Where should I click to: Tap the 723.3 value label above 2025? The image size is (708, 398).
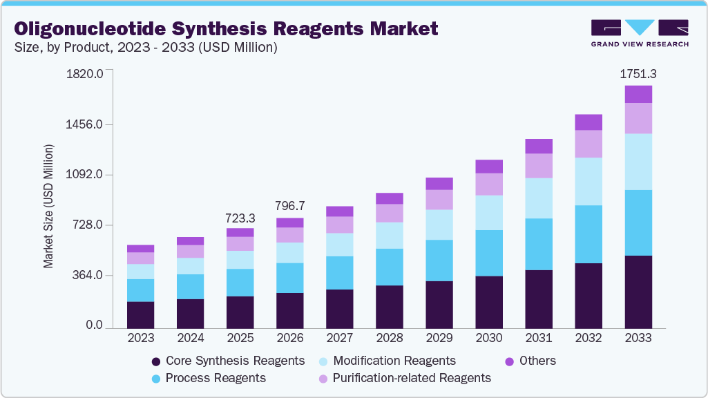(x=240, y=218)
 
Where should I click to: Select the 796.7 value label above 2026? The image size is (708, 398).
(x=290, y=206)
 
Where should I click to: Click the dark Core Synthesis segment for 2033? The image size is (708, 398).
(x=638, y=292)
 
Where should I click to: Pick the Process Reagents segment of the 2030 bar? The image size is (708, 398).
(x=489, y=253)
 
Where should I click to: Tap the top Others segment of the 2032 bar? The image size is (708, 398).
(x=589, y=122)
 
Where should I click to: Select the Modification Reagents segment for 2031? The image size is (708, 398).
(x=539, y=198)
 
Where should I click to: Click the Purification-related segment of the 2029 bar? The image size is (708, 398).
(x=439, y=200)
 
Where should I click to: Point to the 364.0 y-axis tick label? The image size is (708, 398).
(x=88, y=276)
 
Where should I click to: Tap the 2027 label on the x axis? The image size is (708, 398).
(x=340, y=339)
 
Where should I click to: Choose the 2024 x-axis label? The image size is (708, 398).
(x=191, y=339)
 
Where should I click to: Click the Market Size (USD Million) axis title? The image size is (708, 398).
(x=48, y=207)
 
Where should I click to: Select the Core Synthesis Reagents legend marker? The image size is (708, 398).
(x=156, y=361)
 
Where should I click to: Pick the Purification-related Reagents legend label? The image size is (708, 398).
(x=412, y=378)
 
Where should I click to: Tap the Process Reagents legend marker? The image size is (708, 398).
(x=156, y=379)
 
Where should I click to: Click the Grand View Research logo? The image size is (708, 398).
(x=640, y=32)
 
